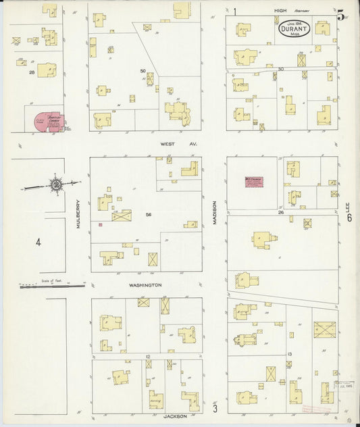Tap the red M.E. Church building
point(253,180)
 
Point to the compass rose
point(56,184)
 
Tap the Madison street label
point(214,213)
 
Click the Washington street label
point(145,285)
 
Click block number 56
point(147,214)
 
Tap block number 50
point(143,70)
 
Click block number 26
point(280,212)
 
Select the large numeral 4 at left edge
point(38,242)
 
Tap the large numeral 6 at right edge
point(349,218)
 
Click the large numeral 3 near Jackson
point(215,407)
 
